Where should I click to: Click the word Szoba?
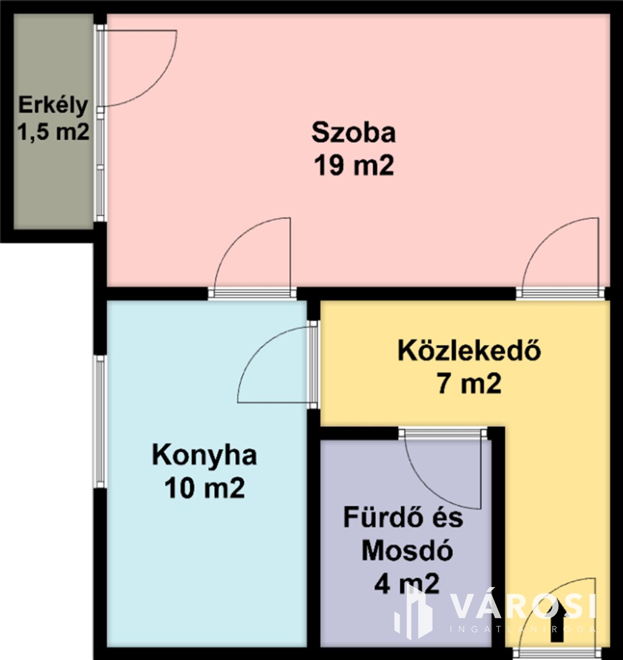tap(353, 133)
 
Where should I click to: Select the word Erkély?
tap(53, 106)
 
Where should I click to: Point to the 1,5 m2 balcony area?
tap(53, 132)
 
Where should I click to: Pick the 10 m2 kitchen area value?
tap(204, 488)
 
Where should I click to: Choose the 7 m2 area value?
tap(469, 383)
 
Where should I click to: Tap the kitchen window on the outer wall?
tap(100, 421)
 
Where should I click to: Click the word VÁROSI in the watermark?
tap(523, 607)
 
